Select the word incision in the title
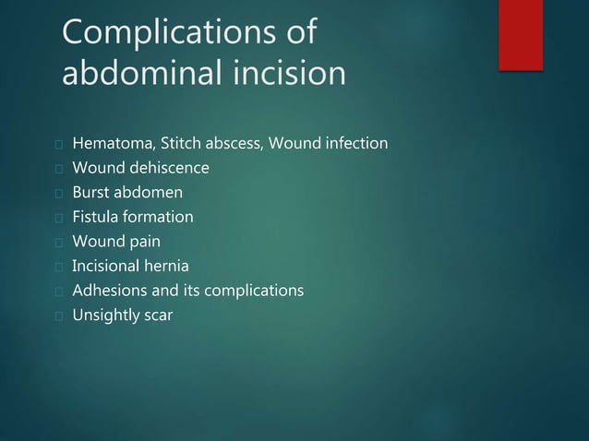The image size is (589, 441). coord(291,72)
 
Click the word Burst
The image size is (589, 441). coord(91,194)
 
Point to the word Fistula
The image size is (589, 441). coord(96,219)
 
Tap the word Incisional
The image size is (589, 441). coord(108,268)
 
